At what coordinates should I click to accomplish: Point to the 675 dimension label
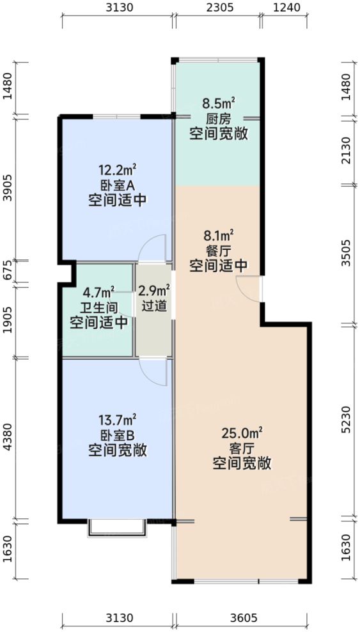(7, 272)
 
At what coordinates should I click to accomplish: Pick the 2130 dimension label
(346, 151)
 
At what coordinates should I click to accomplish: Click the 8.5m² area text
(219, 103)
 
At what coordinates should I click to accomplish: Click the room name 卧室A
(118, 185)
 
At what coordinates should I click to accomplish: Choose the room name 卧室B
(118, 435)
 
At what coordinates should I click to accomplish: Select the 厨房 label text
(219, 118)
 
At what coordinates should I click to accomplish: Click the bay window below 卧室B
(117, 529)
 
